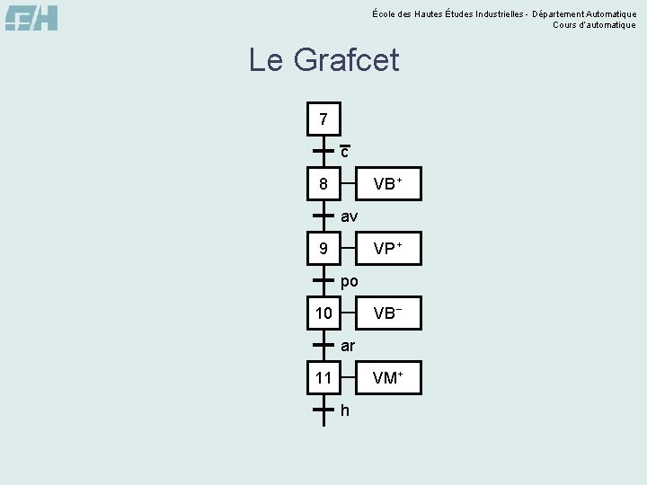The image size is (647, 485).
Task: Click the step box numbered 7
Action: click(x=323, y=119)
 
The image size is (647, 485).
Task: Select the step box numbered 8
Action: click(x=323, y=184)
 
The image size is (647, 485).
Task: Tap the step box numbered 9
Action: click(x=323, y=249)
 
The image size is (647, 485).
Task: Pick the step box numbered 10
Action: click(x=323, y=313)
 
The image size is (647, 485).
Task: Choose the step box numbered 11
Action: click(x=323, y=378)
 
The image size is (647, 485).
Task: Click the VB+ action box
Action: click(x=387, y=184)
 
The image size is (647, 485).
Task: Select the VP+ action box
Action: click(x=387, y=249)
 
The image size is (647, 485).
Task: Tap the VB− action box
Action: click(x=387, y=313)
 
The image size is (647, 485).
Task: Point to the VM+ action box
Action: click(x=387, y=378)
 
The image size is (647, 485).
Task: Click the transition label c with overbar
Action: click(x=345, y=152)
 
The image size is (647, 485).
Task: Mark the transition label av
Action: click(x=349, y=216)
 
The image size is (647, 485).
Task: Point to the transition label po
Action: click(x=350, y=281)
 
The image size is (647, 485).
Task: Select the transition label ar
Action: click(x=348, y=346)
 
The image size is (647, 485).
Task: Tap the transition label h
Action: click(x=345, y=410)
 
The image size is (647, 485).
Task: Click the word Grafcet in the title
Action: click(x=347, y=61)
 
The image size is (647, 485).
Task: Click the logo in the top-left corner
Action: click(x=31, y=17)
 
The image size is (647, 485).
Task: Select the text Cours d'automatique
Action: click(x=594, y=25)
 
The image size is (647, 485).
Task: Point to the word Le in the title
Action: click(x=266, y=61)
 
